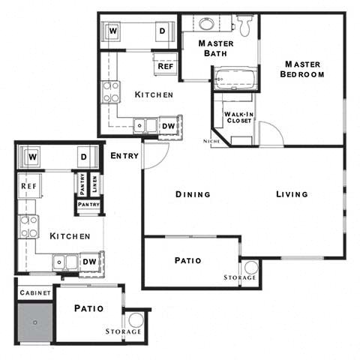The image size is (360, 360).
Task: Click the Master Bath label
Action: [x=216, y=48]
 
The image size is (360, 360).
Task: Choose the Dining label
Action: [x=193, y=194]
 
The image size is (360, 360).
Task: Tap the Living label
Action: [x=292, y=194]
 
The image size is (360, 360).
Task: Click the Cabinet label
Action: [x=34, y=292]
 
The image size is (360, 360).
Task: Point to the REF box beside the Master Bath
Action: [x=165, y=66]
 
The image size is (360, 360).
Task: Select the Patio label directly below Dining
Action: [x=188, y=261]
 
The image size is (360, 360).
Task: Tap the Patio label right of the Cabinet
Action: [x=88, y=308]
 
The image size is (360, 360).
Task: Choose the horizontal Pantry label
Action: [x=88, y=202]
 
